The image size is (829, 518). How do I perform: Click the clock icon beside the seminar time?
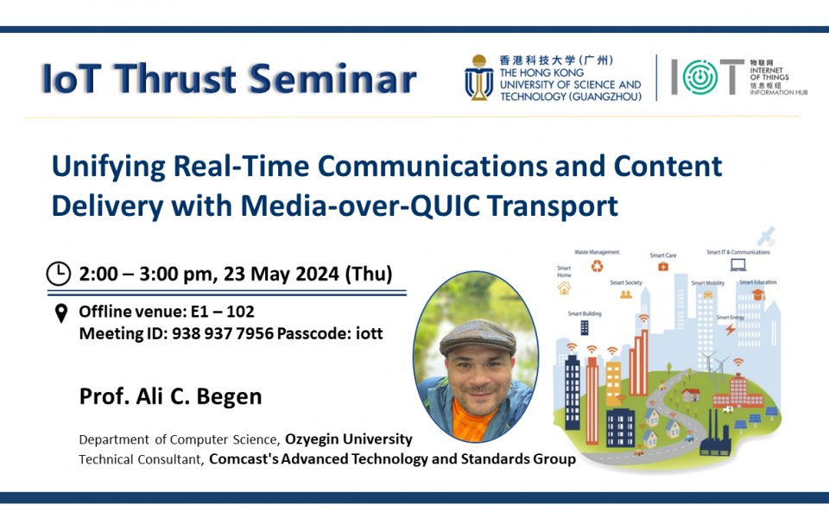pos(58,274)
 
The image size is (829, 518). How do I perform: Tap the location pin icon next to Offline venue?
pos(61,313)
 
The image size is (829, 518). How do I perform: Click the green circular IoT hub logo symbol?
pos(699,78)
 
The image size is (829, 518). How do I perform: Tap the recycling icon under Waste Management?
pos(597,267)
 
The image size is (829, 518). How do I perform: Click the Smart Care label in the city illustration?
pos(663,256)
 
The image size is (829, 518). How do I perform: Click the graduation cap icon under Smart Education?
pos(757,294)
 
